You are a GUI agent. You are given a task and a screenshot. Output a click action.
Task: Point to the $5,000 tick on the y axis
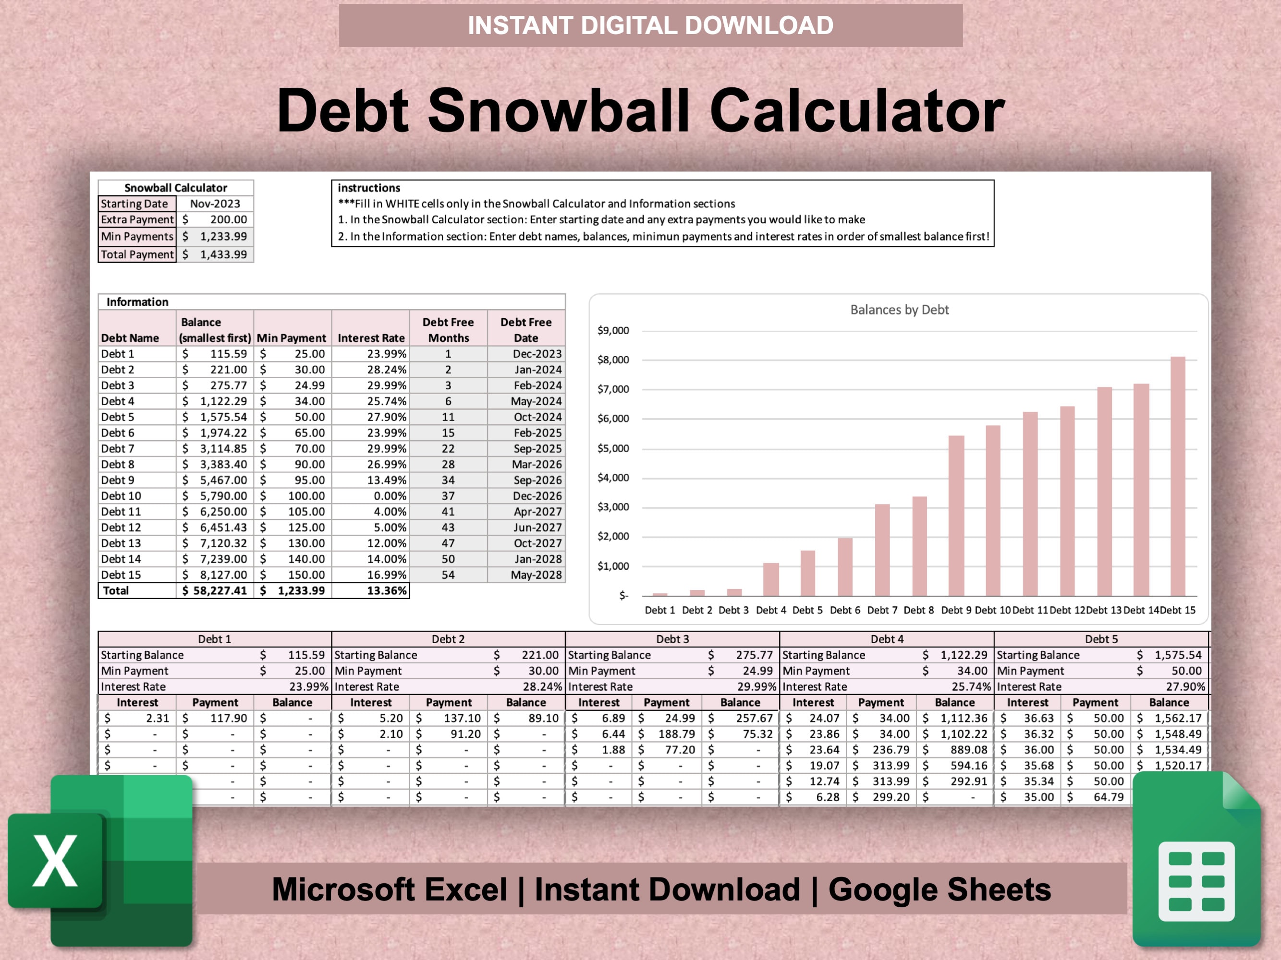coord(613,448)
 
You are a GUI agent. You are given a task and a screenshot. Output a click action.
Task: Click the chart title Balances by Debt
coord(899,310)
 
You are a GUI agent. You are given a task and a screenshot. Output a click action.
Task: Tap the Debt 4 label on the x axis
coord(771,610)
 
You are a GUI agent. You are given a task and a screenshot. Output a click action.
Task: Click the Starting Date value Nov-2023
coord(215,204)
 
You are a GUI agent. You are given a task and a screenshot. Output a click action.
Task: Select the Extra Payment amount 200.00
coord(228,219)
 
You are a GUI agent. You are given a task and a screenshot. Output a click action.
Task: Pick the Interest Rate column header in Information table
coord(371,338)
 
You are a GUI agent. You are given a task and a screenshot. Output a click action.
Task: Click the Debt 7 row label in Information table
coord(118,448)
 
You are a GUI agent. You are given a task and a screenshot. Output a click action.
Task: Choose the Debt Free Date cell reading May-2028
coord(536,575)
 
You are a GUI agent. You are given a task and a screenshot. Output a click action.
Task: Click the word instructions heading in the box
coord(369,188)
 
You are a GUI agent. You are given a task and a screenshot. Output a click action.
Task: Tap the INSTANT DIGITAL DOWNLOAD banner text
coord(650,25)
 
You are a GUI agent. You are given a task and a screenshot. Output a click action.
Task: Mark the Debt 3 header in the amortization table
coord(672,639)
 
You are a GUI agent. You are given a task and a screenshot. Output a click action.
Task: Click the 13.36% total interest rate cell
coord(386,590)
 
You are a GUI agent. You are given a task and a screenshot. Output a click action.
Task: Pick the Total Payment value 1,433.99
coord(223,254)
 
